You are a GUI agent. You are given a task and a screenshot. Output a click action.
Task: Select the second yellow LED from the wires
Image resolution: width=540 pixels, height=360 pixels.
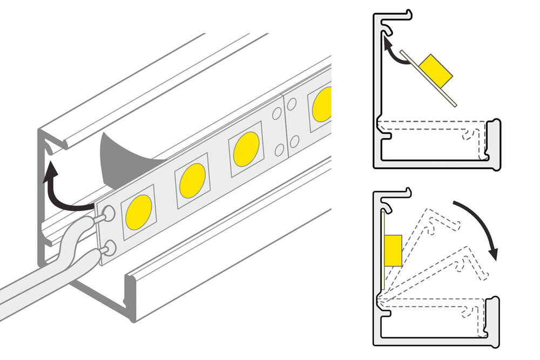click(x=192, y=180)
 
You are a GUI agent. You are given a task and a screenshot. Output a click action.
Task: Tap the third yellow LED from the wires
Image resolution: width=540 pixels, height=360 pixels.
click(x=246, y=148)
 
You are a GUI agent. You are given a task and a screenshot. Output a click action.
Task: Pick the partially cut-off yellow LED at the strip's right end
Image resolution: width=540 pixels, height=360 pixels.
click(x=322, y=104)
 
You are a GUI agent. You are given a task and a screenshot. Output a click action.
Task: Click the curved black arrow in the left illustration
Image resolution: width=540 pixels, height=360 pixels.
click(x=59, y=189)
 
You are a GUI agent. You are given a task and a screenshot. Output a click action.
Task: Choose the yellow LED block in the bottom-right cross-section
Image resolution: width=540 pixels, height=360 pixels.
click(x=393, y=250)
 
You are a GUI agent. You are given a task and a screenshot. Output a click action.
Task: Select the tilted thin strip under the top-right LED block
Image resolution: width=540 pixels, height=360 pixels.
click(x=432, y=81)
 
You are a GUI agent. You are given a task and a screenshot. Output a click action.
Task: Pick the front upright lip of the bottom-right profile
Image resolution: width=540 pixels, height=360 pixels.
click(x=492, y=318)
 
